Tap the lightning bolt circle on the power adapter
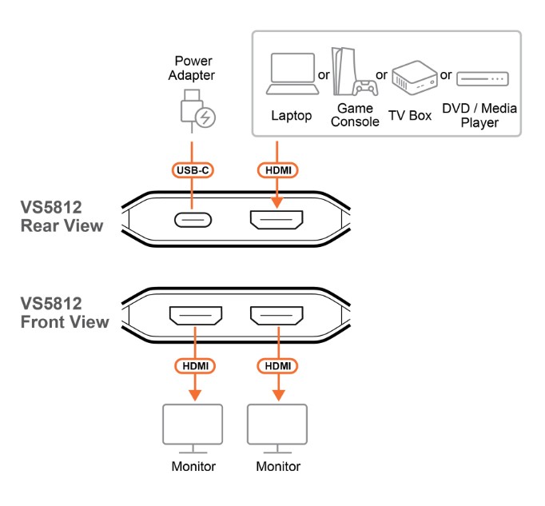tap(206, 118)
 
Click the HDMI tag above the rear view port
tap(276, 170)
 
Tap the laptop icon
tap(291, 77)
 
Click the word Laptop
tap(291, 116)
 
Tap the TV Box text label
tap(410, 116)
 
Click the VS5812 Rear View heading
tap(62, 217)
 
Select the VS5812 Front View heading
tap(64, 313)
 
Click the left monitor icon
tap(193, 428)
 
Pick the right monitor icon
tap(277, 428)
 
